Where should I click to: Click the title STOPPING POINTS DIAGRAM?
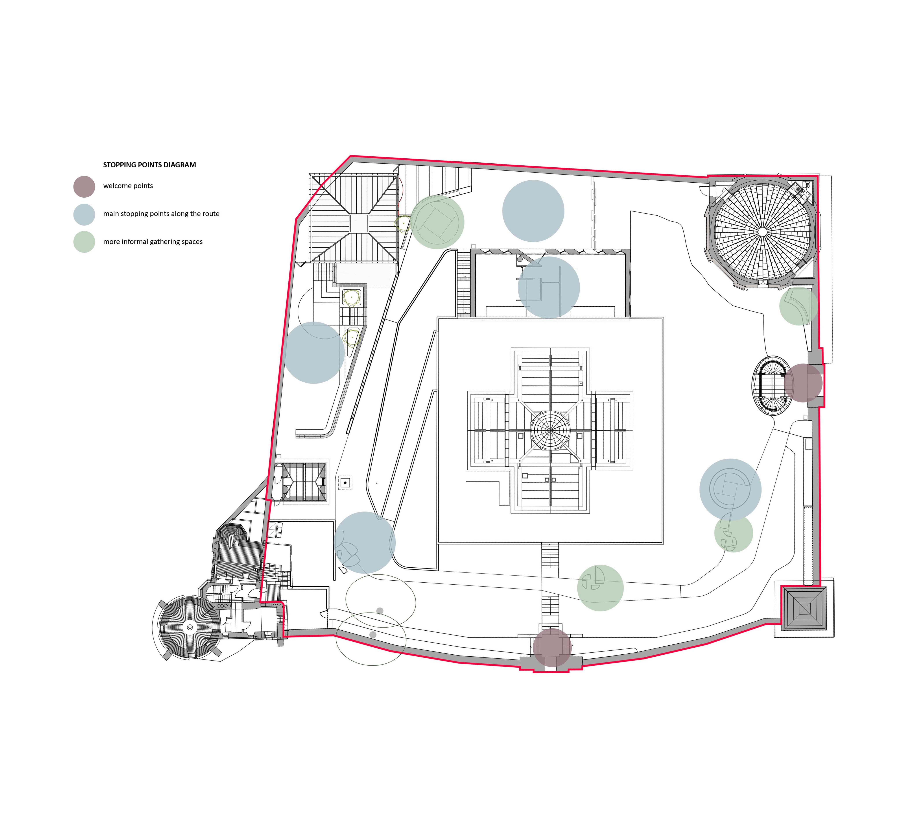pos(149,165)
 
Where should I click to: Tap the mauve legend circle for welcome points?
pos(84,187)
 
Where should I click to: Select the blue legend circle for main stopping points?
pos(84,215)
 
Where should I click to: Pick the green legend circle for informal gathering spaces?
pos(84,242)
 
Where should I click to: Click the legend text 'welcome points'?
pos(128,186)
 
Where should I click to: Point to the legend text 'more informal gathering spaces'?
pos(153,242)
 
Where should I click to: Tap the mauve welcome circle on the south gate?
pos(552,647)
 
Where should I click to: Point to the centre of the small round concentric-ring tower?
pos(190,628)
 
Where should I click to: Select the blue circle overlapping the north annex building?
pos(548,287)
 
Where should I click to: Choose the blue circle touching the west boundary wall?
pos(314,353)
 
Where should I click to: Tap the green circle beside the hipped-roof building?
pos(437,222)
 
